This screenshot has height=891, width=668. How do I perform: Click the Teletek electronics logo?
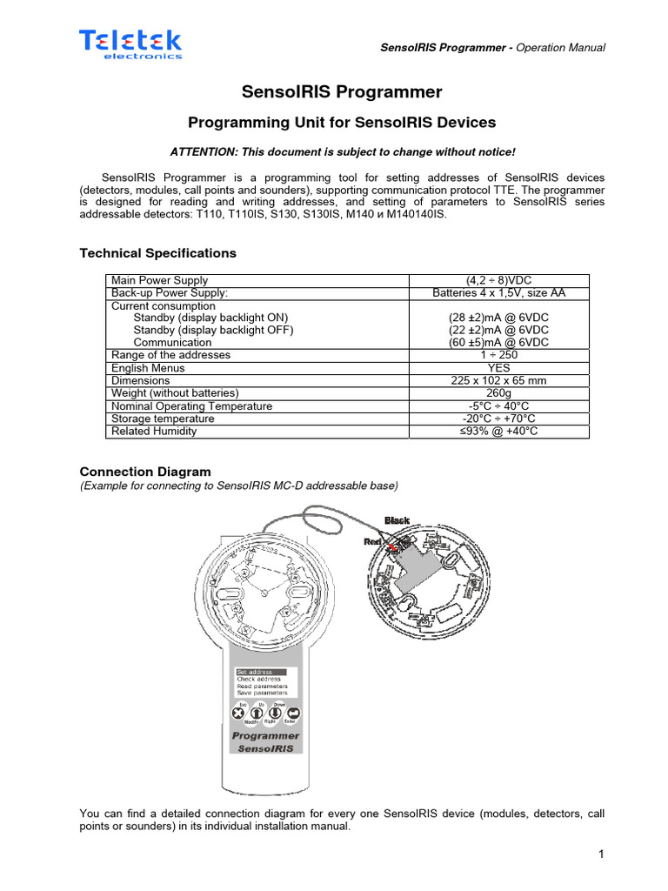coord(131,43)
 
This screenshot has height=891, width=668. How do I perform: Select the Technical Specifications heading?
coord(157,253)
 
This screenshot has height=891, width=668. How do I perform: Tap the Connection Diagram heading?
coord(145,472)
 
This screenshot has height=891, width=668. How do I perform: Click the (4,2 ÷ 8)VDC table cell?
coord(498,280)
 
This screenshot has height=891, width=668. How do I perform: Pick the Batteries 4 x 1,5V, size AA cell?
coord(498,293)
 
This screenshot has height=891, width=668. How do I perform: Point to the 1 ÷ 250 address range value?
coord(498,355)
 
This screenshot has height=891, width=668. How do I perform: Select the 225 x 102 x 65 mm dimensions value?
coord(498,380)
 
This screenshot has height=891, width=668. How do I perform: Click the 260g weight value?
coord(498,393)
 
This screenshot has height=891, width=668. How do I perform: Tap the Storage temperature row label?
coord(163,419)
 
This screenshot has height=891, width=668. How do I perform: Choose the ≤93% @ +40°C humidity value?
coord(498,432)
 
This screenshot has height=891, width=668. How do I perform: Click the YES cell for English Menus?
coord(498,368)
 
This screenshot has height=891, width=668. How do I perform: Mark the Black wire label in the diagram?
coord(397,520)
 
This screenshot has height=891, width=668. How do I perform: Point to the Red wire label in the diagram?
coord(373,541)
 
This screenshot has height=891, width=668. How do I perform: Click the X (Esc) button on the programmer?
coord(237,713)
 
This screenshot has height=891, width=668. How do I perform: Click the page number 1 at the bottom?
coord(600,854)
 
